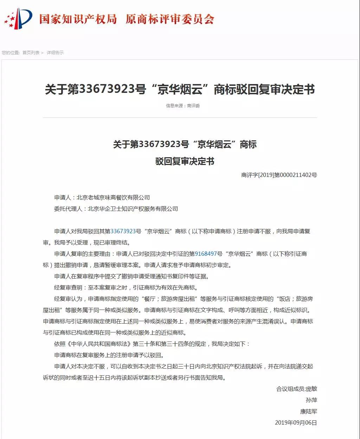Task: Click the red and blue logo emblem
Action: click(18, 19)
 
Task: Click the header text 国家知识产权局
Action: click(78, 19)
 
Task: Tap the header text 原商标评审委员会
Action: click(170, 19)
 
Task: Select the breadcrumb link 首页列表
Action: click(31, 53)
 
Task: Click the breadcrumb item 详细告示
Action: click(55, 53)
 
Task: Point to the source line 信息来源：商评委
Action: click(183, 106)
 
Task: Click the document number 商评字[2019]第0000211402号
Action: click(279, 175)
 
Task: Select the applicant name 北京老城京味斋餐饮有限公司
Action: click(113, 198)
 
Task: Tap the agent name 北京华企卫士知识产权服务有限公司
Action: click(133, 209)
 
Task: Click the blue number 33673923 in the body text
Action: click(123, 231)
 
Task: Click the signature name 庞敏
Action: click(311, 389)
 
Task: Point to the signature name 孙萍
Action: click(311, 400)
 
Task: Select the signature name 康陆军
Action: click(308, 412)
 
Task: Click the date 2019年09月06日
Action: click(296, 423)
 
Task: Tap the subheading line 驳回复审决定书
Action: click(185, 161)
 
